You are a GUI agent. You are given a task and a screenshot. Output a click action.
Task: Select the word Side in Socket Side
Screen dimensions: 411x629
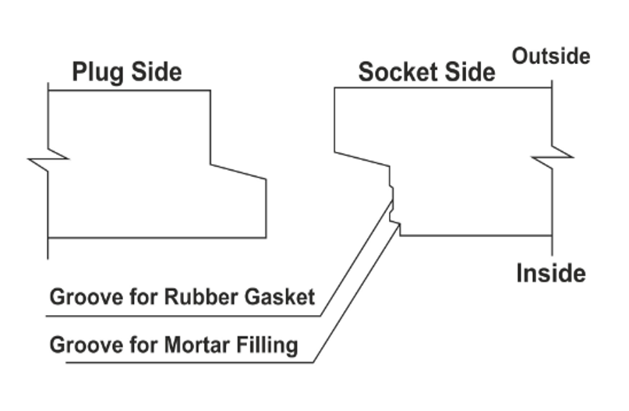[469, 73]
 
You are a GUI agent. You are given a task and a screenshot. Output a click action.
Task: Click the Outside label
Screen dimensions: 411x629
[550, 56]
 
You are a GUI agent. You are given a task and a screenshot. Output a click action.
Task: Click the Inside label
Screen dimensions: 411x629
[550, 274]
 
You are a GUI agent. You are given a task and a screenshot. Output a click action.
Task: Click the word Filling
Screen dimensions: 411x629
[269, 344]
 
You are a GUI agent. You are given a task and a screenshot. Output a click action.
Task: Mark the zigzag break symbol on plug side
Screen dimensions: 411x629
[48, 160]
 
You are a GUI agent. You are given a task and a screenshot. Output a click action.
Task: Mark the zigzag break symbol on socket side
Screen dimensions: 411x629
[553, 157]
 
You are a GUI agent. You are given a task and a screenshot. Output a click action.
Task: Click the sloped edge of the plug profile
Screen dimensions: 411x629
[239, 172]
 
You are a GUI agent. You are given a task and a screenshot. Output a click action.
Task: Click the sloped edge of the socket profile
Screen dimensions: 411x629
[362, 158]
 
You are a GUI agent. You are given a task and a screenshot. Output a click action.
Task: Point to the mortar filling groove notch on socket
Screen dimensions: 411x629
[398, 227]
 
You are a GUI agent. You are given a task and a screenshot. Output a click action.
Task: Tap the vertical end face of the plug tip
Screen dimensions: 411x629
[267, 208]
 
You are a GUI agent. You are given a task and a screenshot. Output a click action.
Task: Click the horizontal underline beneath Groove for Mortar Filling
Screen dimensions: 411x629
[187, 363]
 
